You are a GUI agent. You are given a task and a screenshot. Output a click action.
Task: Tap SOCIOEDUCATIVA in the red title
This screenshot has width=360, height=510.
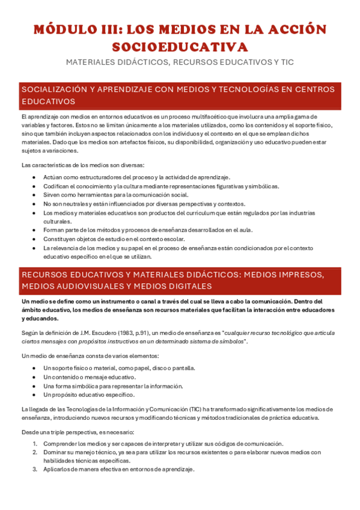pyautogui.click(x=180, y=47)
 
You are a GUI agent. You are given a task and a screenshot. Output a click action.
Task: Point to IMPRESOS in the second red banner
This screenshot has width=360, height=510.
pyautogui.click(x=304, y=275)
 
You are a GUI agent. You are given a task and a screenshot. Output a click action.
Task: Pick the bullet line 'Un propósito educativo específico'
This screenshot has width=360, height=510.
pyautogui.click(x=89, y=395)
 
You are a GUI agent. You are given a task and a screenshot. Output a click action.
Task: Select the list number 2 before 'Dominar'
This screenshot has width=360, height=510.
pyautogui.click(x=35, y=452)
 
